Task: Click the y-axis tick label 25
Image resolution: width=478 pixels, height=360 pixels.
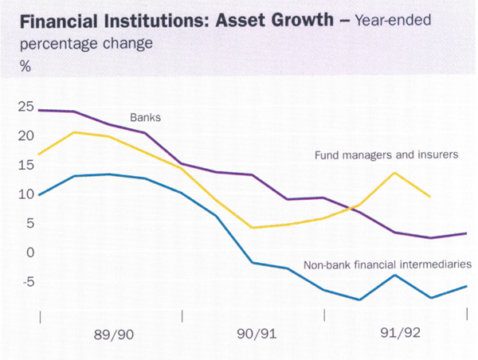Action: coord(26,105)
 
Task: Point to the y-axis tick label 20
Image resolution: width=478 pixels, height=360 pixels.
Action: coord(26,135)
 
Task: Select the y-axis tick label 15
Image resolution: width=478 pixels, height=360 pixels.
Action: coord(26,165)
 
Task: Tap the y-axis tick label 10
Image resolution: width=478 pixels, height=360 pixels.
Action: coord(26,194)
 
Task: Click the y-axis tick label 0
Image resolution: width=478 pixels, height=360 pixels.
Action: coord(29,252)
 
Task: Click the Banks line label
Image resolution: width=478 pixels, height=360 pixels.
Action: coord(145,117)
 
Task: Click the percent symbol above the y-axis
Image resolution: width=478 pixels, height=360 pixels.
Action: coord(26,67)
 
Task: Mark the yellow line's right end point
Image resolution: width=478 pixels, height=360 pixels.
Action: coord(431,197)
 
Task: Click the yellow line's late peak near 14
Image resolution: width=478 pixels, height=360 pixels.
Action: coord(395,172)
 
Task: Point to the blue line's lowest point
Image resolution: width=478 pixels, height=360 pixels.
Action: coord(360,300)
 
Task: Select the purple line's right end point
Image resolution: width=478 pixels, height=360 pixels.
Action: coord(466,233)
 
